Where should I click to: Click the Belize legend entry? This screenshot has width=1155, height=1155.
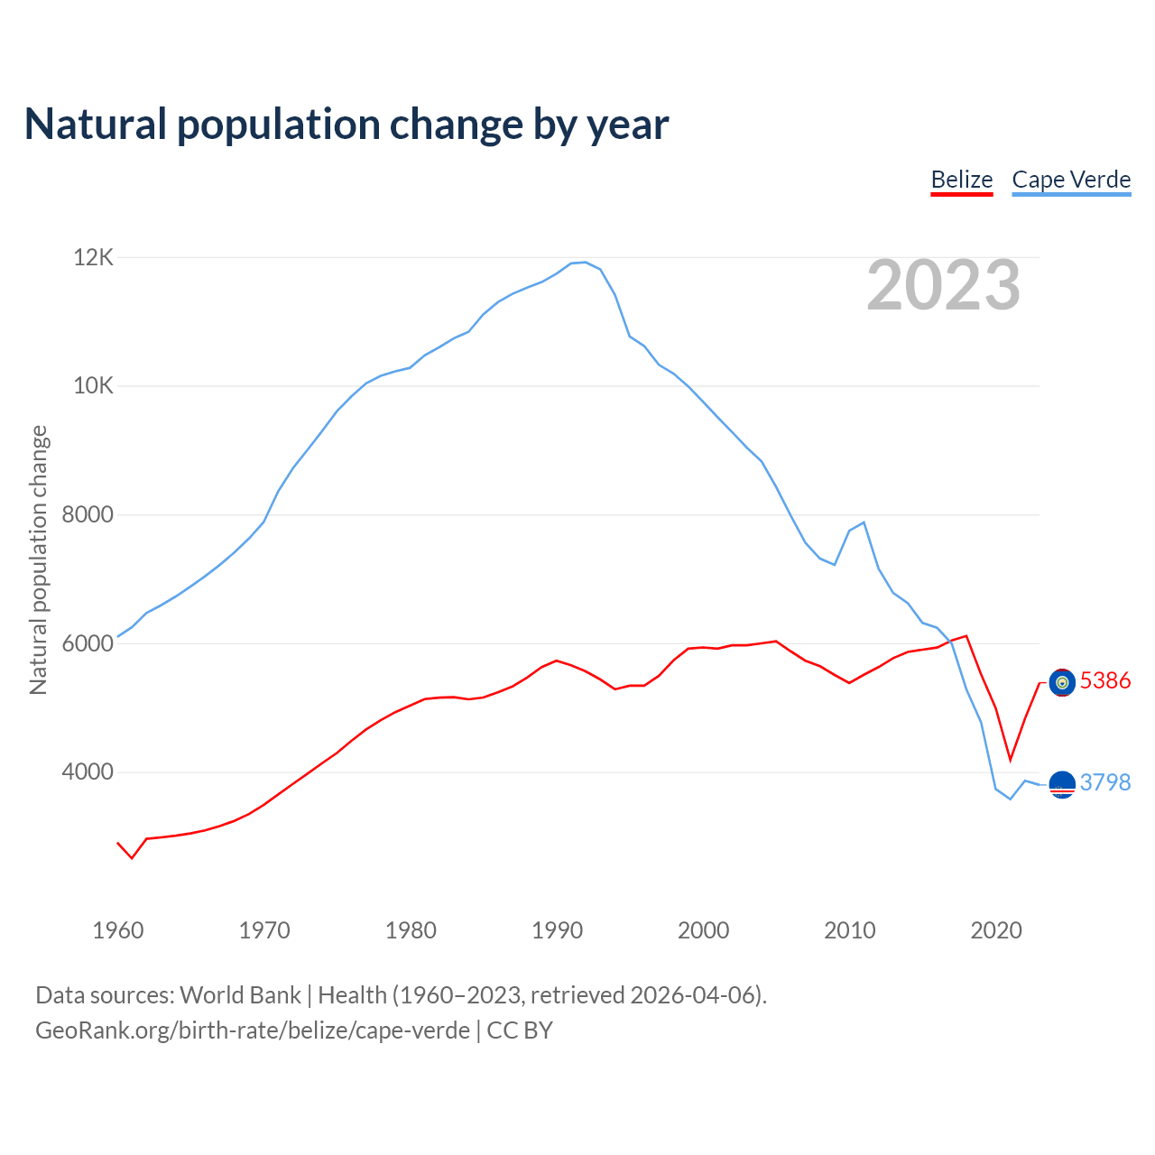[962, 180]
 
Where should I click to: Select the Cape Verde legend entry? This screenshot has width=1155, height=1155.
[1071, 180]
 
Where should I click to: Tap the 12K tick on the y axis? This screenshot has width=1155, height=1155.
[94, 258]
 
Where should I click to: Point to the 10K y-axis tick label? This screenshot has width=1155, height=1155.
[94, 386]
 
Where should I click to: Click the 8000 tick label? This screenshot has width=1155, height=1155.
[88, 515]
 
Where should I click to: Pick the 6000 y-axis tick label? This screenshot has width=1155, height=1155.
[88, 644]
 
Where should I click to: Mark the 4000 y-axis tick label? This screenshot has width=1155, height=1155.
[88, 772]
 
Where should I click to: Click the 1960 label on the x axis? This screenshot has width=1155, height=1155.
[118, 930]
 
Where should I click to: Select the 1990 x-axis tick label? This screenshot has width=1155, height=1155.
[557, 930]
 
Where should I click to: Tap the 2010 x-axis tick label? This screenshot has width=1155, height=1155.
[849, 930]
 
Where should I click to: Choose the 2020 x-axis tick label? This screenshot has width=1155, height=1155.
[995, 930]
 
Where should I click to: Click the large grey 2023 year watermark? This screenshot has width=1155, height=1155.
[943, 285]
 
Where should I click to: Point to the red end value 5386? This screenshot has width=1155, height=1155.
[1105, 680]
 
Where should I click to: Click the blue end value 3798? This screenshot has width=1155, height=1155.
[1105, 782]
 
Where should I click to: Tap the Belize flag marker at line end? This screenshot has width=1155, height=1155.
[1062, 683]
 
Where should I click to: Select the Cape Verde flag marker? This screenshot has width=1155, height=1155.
[1062, 785]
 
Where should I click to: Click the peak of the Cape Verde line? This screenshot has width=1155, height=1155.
[585, 263]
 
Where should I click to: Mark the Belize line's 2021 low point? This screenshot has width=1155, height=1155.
[1011, 760]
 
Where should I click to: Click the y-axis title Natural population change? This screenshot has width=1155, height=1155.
[39, 560]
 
